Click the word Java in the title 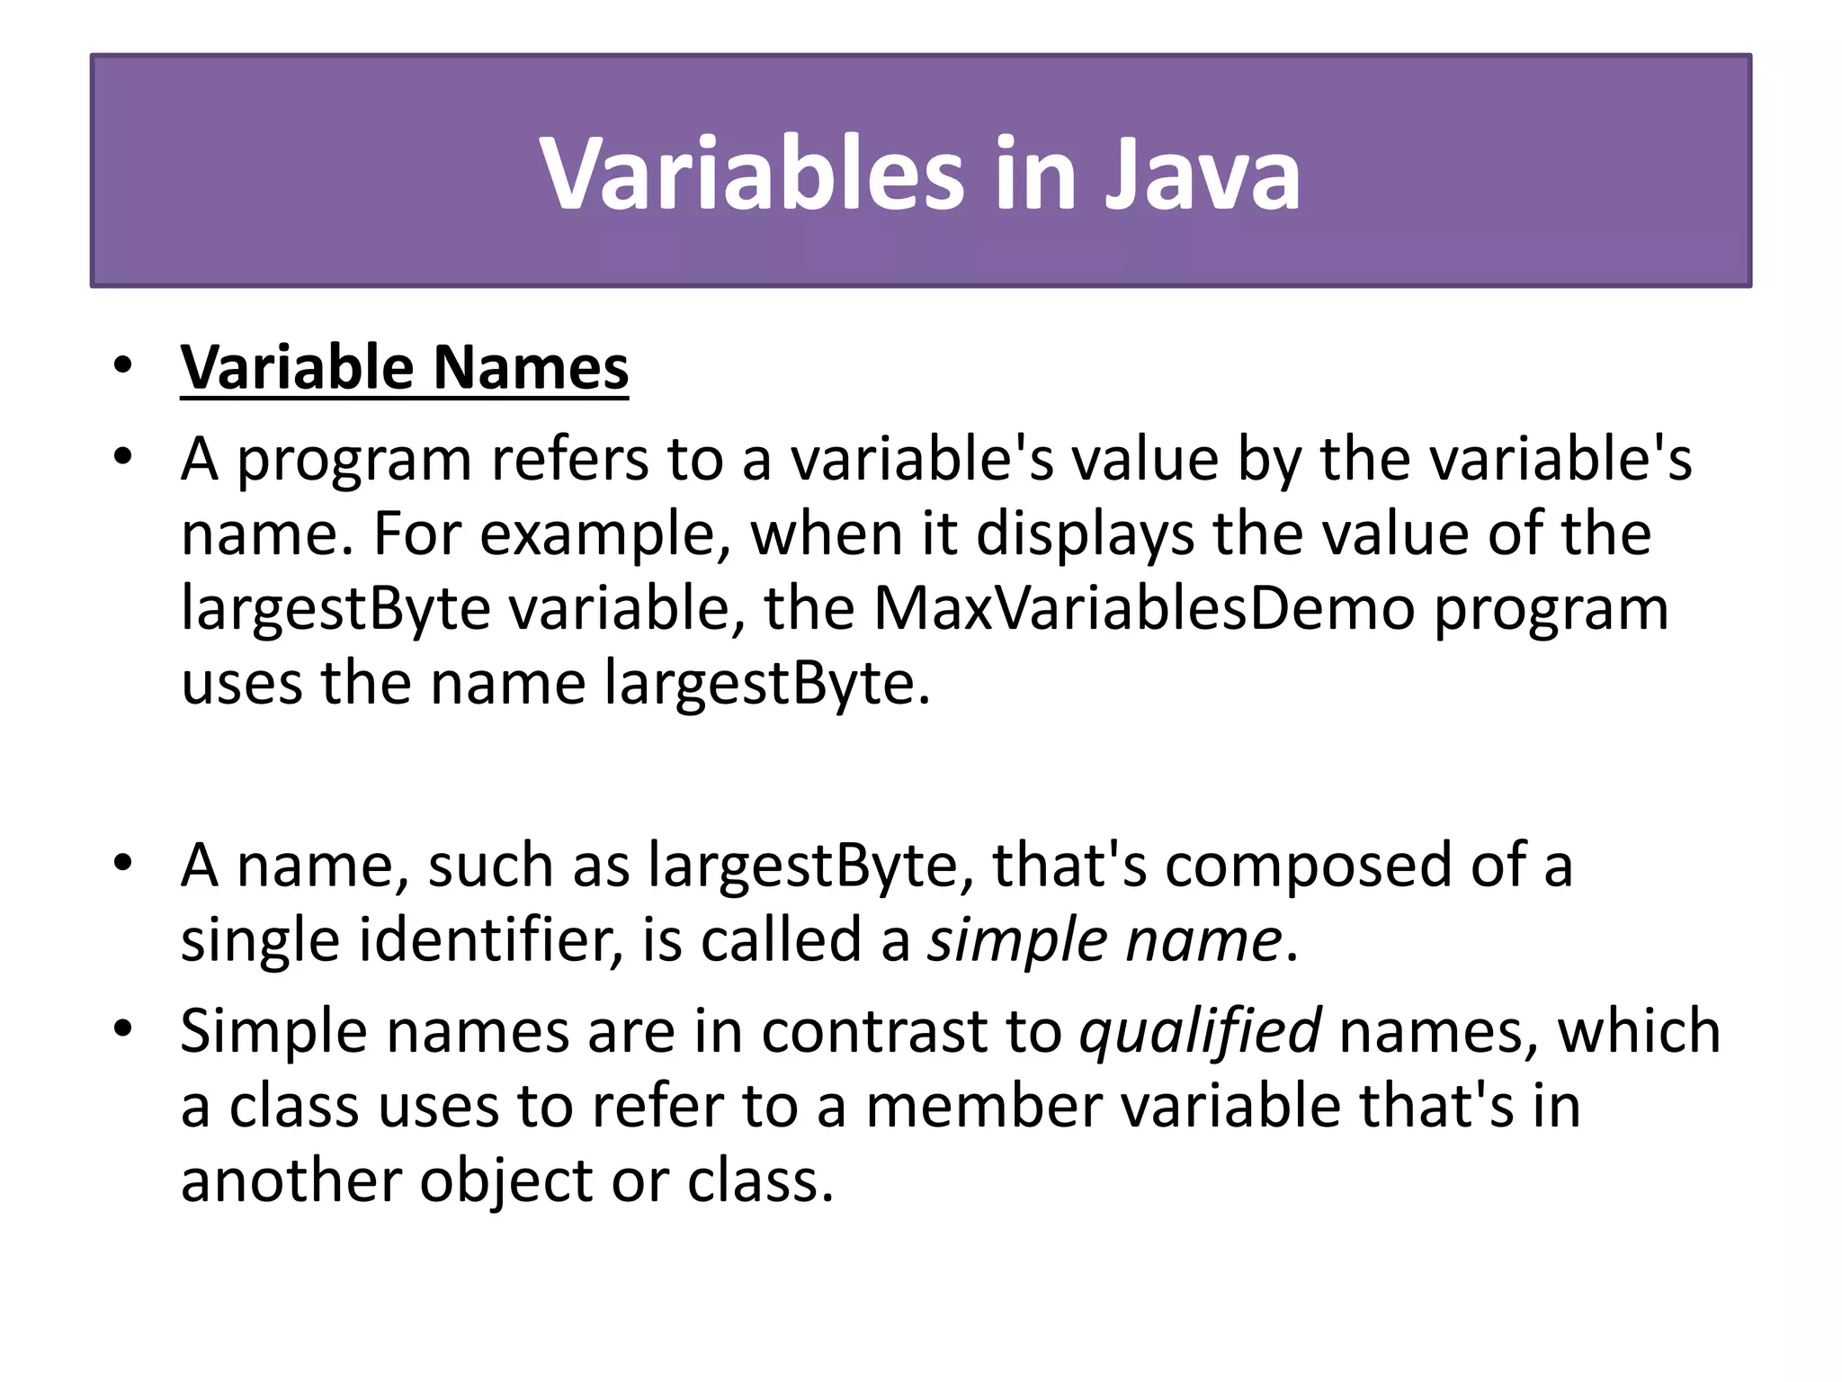coord(1203,173)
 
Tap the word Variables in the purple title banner coord(752,173)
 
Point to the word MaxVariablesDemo coord(1144,608)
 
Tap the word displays coord(1085,534)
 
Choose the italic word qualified coord(1200,1030)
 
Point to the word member coord(983,1106)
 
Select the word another coord(291,1180)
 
